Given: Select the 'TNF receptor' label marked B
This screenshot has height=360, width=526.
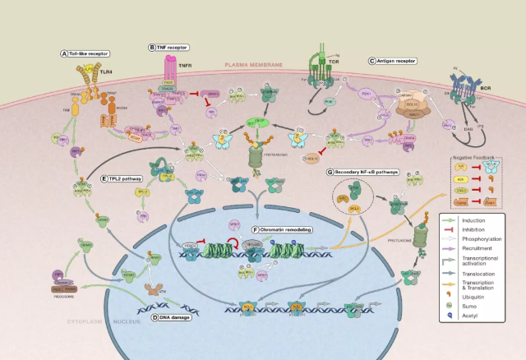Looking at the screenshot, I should click(x=172, y=48).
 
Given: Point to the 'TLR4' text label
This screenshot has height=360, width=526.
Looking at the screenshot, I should click(x=105, y=72).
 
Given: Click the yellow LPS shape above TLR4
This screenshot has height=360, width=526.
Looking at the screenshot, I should click(x=83, y=62).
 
